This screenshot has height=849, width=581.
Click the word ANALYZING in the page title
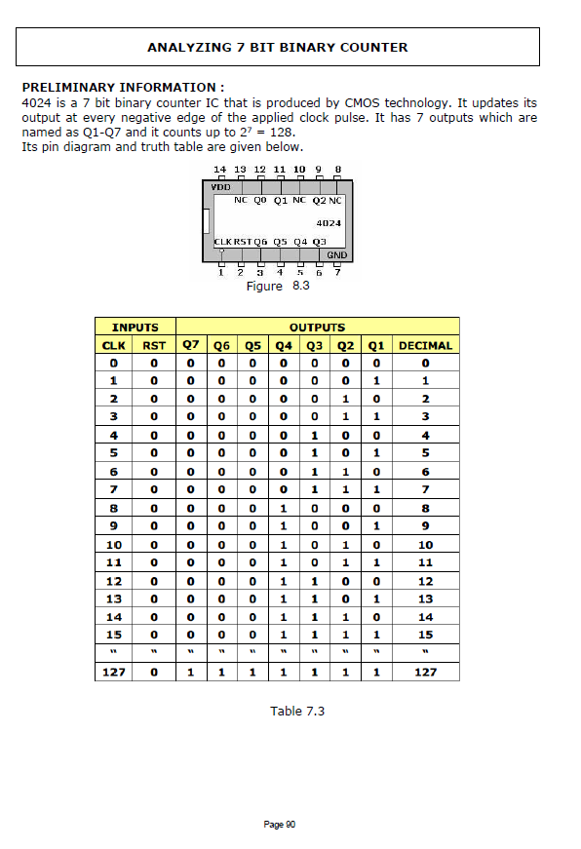[x=186, y=47]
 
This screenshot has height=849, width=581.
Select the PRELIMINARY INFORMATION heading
[x=123, y=87]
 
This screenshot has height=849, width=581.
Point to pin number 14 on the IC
[x=219, y=170]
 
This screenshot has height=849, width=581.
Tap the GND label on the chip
[x=336, y=254]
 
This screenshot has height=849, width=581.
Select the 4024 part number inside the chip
[x=329, y=222]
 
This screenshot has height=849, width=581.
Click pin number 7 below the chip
[x=336, y=273]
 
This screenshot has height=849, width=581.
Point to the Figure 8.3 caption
[x=278, y=286]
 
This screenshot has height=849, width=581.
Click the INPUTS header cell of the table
[x=135, y=328]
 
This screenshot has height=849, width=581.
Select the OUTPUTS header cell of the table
[x=317, y=328]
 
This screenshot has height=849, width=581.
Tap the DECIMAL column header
[x=425, y=345]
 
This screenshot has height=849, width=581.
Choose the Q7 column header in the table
[x=191, y=345]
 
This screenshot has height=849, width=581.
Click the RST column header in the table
[x=154, y=345]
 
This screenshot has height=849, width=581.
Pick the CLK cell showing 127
[x=114, y=672]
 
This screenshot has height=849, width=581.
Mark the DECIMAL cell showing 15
[x=425, y=635]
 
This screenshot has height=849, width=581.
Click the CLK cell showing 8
[x=114, y=508]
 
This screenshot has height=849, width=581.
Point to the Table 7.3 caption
[x=297, y=711]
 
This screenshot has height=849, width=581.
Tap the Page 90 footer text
[x=280, y=825]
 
